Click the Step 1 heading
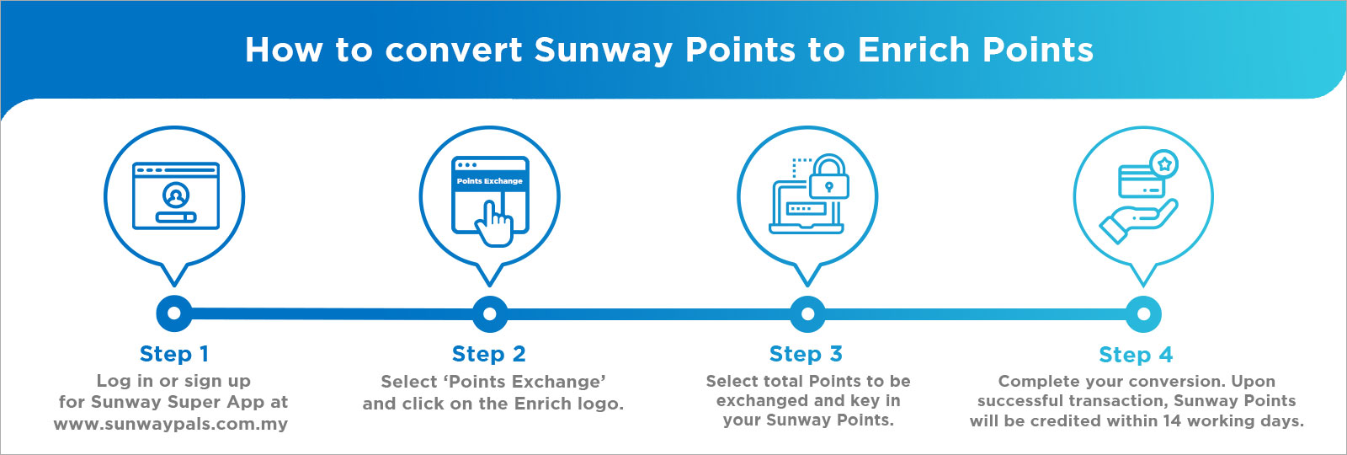[x=173, y=354]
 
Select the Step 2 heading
[x=489, y=354]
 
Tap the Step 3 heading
[x=806, y=354]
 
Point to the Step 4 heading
[x=1136, y=355]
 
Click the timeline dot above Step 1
[x=173, y=313]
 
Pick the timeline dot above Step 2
[x=489, y=313]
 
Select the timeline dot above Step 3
[x=807, y=313]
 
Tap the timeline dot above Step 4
[x=1144, y=314]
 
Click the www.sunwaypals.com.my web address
[x=171, y=425]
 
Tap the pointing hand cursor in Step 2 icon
[x=494, y=224]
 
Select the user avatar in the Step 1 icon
[x=176, y=195]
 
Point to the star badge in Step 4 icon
[x=1164, y=163]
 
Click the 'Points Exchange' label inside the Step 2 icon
[x=489, y=180]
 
